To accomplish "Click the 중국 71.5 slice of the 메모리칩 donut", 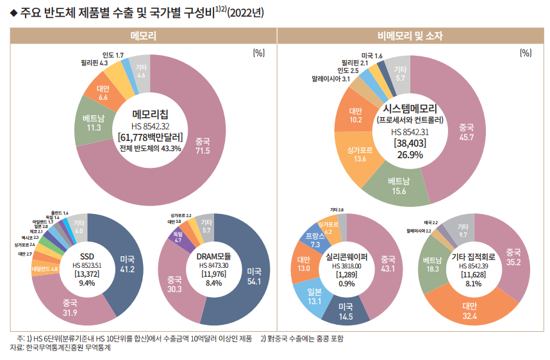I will pyautogui.click(x=203, y=145).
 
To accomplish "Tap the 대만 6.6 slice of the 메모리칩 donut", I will pyautogui.click(x=103, y=93).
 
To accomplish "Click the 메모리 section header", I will pyautogui.click(x=143, y=36).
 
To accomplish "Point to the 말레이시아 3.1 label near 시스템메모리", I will pyautogui.click(x=331, y=79).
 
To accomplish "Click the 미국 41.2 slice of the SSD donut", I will pyautogui.click(x=128, y=263).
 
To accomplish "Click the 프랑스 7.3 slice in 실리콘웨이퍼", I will pyautogui.click(x=315, y=241).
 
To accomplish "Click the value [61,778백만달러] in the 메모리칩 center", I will pyautogui.click(x=151, y=136).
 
